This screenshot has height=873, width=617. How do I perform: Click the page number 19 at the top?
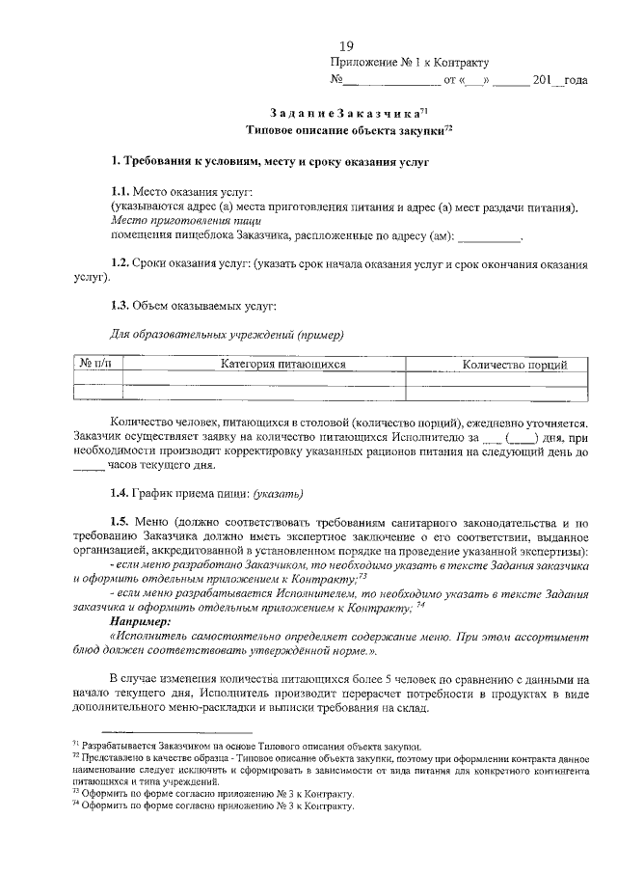[347, 44]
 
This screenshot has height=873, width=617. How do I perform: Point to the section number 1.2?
[120, 262]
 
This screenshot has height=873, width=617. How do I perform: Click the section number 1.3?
[120, 306]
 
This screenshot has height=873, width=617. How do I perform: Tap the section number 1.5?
[120, 522]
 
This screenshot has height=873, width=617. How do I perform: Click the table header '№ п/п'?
[96, 365]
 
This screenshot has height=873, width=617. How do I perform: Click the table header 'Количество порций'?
[514, 365]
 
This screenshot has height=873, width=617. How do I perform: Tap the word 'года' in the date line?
[575, 80]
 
